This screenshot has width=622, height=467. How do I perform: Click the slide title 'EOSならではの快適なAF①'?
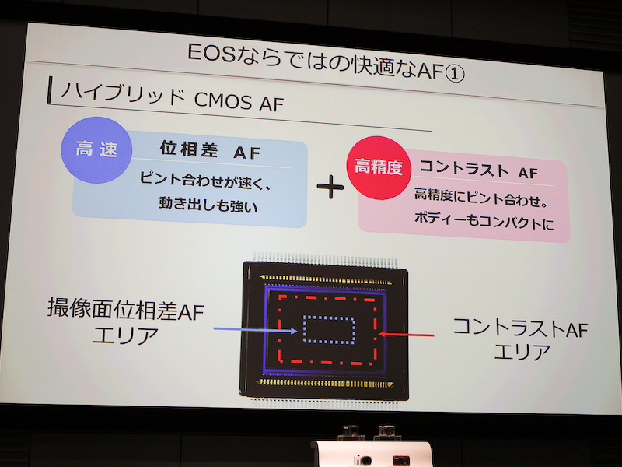(327, 57)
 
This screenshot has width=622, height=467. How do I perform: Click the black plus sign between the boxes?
(330, 187)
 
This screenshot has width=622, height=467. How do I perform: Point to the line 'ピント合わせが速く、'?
(209, 179)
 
